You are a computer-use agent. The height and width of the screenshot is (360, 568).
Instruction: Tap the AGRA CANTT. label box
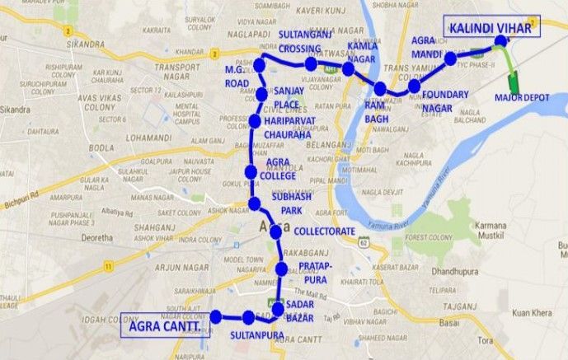(167, 326)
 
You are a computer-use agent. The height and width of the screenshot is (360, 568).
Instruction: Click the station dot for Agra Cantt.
(217, 316)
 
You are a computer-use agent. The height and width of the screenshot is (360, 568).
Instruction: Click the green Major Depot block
(514, 82)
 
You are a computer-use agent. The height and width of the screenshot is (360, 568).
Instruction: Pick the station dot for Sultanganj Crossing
(312, 64)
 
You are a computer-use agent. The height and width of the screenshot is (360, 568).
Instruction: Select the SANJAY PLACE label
(288, 98)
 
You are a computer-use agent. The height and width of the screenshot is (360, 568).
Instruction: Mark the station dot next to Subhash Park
(255, 203)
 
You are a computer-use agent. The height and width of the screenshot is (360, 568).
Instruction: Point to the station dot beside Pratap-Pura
(282, 269)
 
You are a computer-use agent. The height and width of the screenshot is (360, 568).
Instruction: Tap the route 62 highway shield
(363, 242)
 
